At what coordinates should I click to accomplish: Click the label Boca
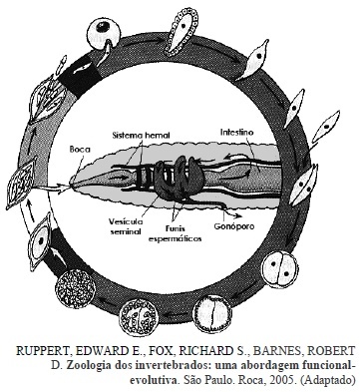80,149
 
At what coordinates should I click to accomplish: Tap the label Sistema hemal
141,136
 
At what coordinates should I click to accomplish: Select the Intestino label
236,132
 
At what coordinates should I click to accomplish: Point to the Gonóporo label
234,226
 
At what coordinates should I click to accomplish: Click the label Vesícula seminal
126,226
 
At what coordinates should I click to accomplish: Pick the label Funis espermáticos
175,233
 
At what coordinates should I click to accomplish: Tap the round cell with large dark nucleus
103,34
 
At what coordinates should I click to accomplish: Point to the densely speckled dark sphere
76,287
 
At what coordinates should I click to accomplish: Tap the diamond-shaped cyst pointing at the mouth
22,182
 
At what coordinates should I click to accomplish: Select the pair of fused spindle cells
303,184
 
